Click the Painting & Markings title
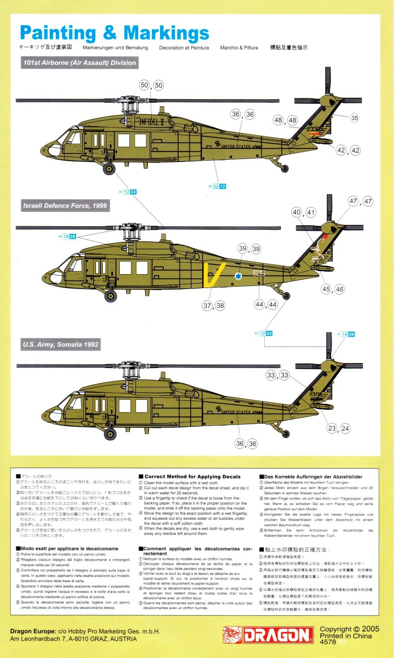click(x=114, y=34)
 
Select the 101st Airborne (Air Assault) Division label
click(x=79, y=63)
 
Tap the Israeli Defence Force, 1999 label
click(x=65, y=206)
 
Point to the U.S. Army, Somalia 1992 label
click(x=61, y=345)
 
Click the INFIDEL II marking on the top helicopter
click(x=152, y=122)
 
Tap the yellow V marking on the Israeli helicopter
click(x=211, y=275)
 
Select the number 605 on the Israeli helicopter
click(x=259, y=273)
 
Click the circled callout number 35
click(x=355, y=118)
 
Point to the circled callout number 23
click(x=332, y=428)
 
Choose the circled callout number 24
click(x=345, y=428)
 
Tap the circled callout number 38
click(x=220, y=306)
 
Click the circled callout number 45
click(x=326, y=289)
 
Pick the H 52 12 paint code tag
click(x=217, y=186)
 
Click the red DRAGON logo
click(x=268, y=635)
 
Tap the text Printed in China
click(x=346, y=636)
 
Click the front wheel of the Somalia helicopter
click(x=109, y=434)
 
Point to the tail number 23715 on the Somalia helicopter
click(x=315, y=394)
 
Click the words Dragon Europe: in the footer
click(x=33, y=631)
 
